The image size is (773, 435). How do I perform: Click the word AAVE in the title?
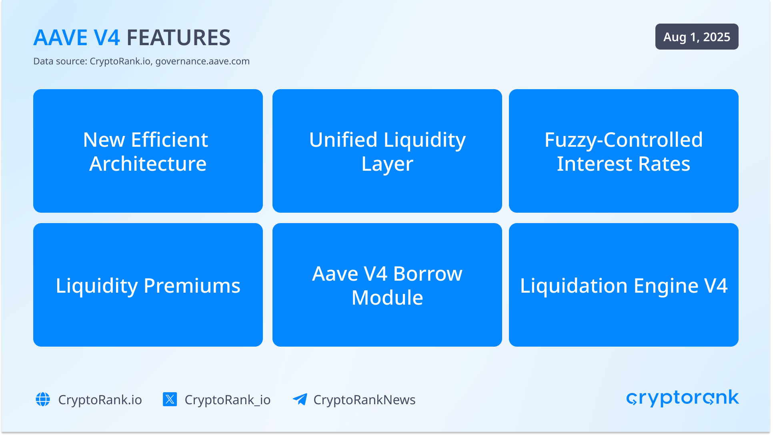(x=60, y=38)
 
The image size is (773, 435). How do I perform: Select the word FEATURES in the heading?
(x=178, y=38)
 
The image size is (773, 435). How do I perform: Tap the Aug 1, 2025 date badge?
(x=697, y=37)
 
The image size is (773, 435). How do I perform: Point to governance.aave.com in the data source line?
(x=202, y=61)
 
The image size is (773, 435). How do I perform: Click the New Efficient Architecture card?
(x=148, y=151)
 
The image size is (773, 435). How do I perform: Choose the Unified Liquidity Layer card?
(x=387, y=151)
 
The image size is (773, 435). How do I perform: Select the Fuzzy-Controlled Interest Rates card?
(x=624, y=151)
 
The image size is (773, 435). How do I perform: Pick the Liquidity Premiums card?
(x=148, y=285)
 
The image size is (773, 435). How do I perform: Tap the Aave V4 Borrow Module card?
(x=387, y=285)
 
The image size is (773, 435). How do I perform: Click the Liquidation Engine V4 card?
(x=624, y=285)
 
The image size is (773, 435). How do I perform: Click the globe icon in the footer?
(x=43, y=399)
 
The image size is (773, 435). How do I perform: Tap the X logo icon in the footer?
(x=170, y=399)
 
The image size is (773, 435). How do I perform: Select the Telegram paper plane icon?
(x=300, y=399)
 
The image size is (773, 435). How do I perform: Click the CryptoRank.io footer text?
(x=100, y=400)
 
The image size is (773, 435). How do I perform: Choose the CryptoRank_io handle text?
(x=228, y=400)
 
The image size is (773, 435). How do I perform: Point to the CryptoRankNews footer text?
(x=364, y=400)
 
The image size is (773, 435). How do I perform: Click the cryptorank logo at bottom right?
(x=683, y=398)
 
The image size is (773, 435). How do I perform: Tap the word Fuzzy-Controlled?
(x=624, y=140)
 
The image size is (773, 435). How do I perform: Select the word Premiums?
(x=192, y=286)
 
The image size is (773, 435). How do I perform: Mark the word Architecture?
(x=148, y=164)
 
